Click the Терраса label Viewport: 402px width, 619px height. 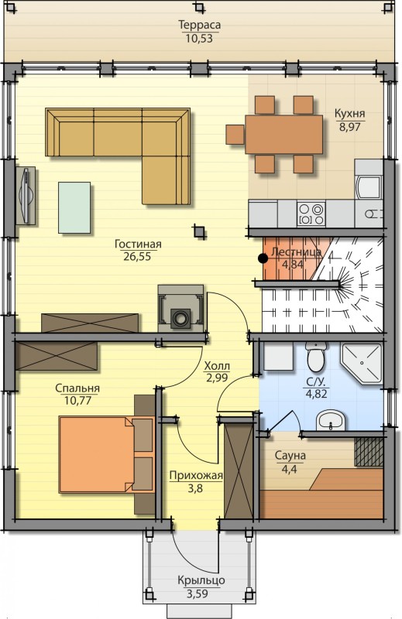[200, 25]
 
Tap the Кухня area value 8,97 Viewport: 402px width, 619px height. [350, 127]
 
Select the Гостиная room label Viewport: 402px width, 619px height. [138, 244]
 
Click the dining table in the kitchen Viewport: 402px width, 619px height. [283, 134]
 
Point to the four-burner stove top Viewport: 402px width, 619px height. [311, 214]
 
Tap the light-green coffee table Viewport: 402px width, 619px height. [74, 207]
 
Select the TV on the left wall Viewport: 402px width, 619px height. [26, 196]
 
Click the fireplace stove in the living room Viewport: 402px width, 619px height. [180, 308]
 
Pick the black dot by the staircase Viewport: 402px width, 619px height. [263, 258]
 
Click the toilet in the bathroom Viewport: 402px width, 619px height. [316, 357]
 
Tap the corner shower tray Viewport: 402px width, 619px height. [362, 364]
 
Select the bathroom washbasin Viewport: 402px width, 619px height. [331, 419]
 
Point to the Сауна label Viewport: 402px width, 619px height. [290, 456]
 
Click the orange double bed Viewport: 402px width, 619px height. [106, 454]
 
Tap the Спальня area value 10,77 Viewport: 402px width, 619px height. [77, 401]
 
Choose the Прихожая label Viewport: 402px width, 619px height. [196, 476]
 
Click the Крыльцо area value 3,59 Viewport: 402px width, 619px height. [197, 593]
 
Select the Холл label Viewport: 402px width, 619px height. [217, 366]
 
